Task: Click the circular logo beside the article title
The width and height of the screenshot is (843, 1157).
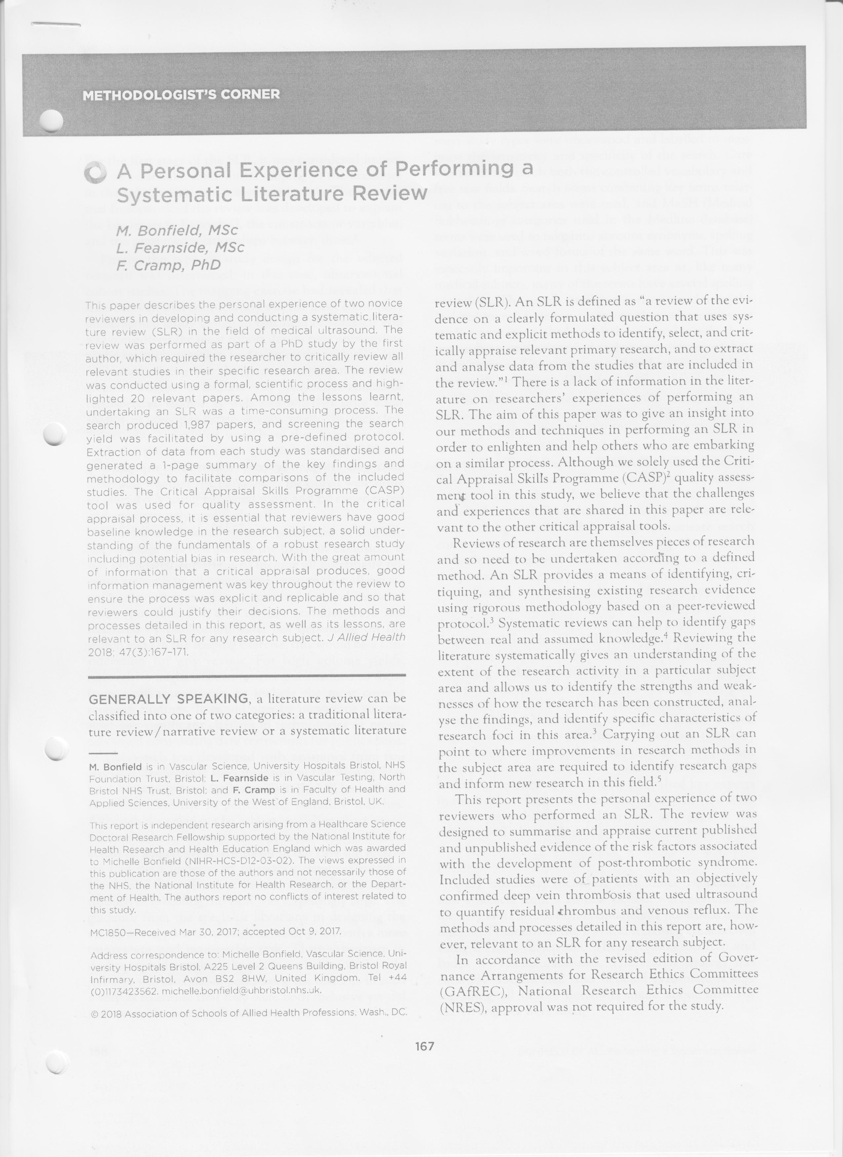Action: pos(96,173)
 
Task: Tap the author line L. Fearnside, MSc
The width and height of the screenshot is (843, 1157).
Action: pos(180,248)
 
